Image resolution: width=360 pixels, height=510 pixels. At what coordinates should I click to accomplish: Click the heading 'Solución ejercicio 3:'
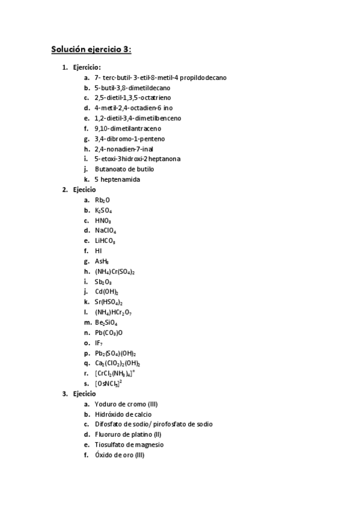[x=91, y=50]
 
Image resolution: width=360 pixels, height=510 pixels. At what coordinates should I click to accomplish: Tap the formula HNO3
[x=103, y=221]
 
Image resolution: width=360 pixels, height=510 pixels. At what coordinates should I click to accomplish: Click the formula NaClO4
[x=105, y=231]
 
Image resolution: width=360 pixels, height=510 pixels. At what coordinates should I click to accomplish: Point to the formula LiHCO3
[x=105, y=241]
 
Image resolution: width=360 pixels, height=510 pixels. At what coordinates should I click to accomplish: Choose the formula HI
[x=98, y=251]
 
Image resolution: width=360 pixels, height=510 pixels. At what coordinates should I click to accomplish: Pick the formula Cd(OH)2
[x=106, y=292]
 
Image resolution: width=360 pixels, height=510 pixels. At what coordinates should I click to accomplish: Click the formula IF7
[x=99, y=343]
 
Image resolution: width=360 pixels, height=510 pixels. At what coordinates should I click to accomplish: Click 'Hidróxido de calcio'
[x=123, y=414]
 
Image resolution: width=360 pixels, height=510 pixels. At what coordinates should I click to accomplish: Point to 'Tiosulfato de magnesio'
[x=129, y=445]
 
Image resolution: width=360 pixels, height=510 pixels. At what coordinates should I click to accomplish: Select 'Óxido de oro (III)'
[x=120, y=455]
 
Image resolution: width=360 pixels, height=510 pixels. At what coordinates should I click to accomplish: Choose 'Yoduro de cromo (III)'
[x=126, y=404]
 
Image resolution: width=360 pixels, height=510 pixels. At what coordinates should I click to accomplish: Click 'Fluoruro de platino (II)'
[x=129, y=435]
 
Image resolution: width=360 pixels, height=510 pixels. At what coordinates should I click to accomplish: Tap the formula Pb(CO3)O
[x=108, y=333]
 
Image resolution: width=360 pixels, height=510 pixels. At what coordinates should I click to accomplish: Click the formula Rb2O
[x=103, y=200]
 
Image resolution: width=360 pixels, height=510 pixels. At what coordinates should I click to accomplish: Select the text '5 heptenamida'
[x=118, y=180]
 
